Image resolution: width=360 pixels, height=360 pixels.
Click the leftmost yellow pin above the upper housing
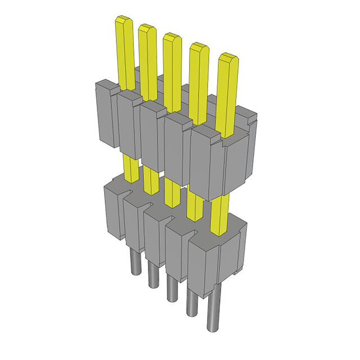coord(125,51)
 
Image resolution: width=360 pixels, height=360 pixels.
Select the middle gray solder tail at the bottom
coord(172,287)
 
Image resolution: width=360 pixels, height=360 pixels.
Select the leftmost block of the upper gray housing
coord(106,115)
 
